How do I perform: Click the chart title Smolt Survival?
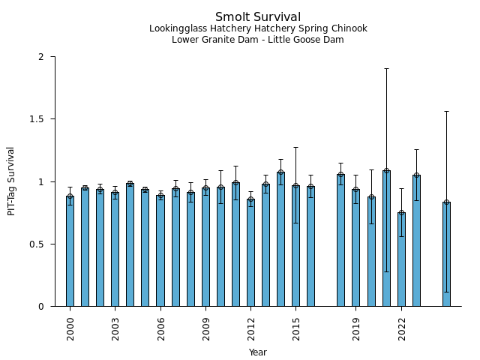coord(258,17)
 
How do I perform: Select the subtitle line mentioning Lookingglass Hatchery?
coord(258,29)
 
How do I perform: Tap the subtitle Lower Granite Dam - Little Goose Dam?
coord(258,40)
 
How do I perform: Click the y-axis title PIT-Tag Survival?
coord(11,181)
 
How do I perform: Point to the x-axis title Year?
coord(258,352)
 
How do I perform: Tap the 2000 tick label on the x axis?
coord(70,328)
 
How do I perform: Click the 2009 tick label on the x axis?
coord(205,328)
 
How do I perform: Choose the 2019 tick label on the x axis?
coord(356,328)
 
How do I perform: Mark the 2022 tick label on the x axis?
coord(401,328)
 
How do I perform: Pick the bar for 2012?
coord(250,253)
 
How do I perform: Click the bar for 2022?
coord(401,259)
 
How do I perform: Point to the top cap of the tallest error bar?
coord(386,68)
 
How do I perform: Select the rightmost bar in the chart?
coord(446,254)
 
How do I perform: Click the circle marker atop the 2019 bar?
coord(356,190)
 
